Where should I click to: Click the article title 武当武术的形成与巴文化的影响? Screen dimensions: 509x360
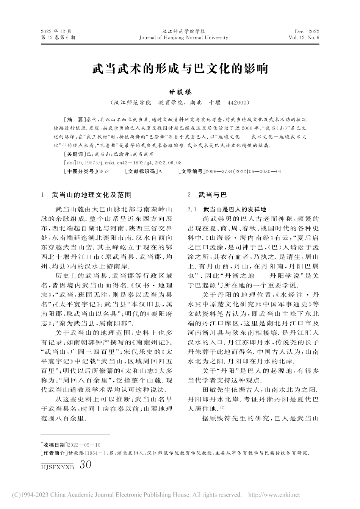180,69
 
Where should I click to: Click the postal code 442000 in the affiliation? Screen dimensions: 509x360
238,103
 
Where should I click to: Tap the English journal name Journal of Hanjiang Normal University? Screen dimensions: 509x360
184,37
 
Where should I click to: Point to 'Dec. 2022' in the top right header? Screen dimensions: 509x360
307,31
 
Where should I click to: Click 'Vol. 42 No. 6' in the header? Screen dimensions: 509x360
304,37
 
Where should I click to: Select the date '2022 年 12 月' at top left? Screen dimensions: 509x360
56,31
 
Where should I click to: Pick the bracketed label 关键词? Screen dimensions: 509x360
75,155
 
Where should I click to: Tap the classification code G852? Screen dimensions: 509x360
103,172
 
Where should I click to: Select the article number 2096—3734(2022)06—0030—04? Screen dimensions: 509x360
243,172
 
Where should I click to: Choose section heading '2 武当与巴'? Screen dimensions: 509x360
207,195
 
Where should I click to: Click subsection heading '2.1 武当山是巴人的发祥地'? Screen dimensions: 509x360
227,209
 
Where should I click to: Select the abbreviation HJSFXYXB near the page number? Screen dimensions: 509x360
57,467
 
